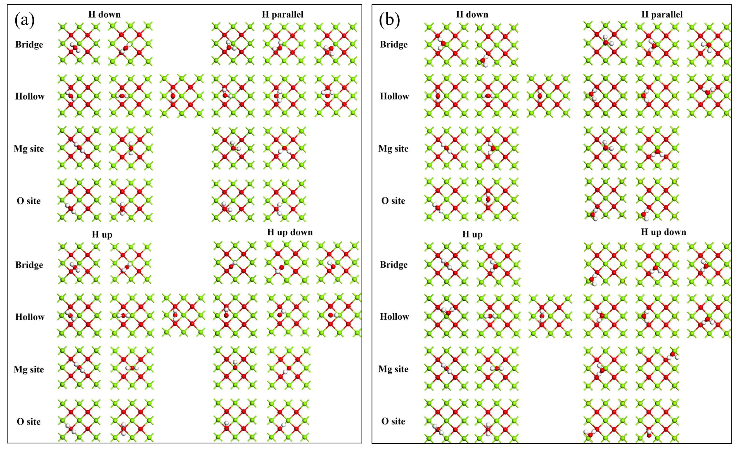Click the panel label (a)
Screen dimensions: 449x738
25,20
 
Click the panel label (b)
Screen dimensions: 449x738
389,20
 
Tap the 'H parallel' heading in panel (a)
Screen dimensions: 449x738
282,14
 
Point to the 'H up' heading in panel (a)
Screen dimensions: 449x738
102,234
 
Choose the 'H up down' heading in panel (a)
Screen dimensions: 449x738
290,232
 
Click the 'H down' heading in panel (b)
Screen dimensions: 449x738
472,14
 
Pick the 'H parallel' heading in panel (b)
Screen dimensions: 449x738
662,14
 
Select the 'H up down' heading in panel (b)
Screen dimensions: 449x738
663,232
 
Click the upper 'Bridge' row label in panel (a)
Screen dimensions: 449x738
29,45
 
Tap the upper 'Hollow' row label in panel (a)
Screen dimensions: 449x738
30,96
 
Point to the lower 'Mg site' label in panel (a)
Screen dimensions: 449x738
29,369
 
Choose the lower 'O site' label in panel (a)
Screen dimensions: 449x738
29,421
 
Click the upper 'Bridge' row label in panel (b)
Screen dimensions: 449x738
394,45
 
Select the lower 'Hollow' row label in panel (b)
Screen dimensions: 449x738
394,317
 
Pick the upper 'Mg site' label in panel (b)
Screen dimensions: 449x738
393,149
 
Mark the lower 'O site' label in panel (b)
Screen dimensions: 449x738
393,421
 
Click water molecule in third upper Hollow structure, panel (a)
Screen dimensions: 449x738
173,96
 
